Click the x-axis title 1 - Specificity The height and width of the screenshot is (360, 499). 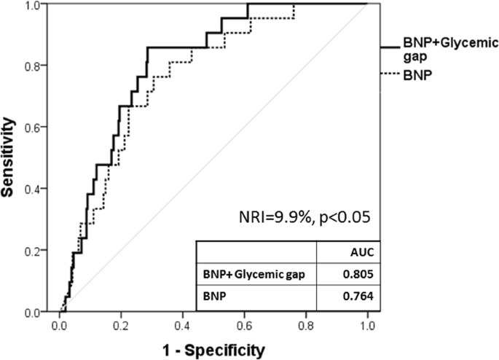pos(213,349)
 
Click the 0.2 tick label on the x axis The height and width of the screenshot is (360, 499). pos(121,326)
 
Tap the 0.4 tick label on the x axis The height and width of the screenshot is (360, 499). pos(182,326)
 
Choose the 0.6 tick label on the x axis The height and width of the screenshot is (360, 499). pos(244,326)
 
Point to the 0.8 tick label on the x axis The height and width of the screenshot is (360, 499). pos(306,326)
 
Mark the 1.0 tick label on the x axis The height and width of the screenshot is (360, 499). pos(367,326)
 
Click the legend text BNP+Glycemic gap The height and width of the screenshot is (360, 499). pos(450,50)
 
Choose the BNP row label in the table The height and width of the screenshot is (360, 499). pos(214,297)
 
